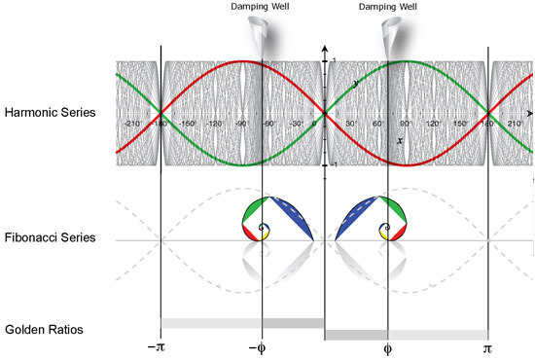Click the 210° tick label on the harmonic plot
[514, 125]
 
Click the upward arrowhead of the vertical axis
[323, 47]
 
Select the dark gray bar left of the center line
[292, 322]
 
